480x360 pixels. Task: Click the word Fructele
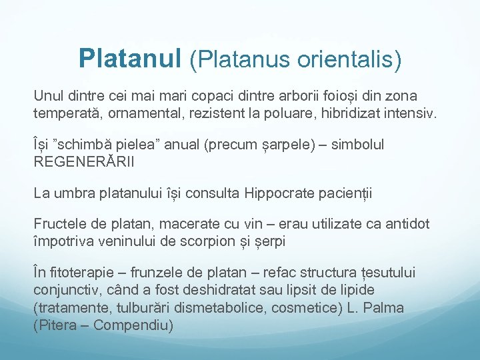pyautogui.click(x=60, y=225)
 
